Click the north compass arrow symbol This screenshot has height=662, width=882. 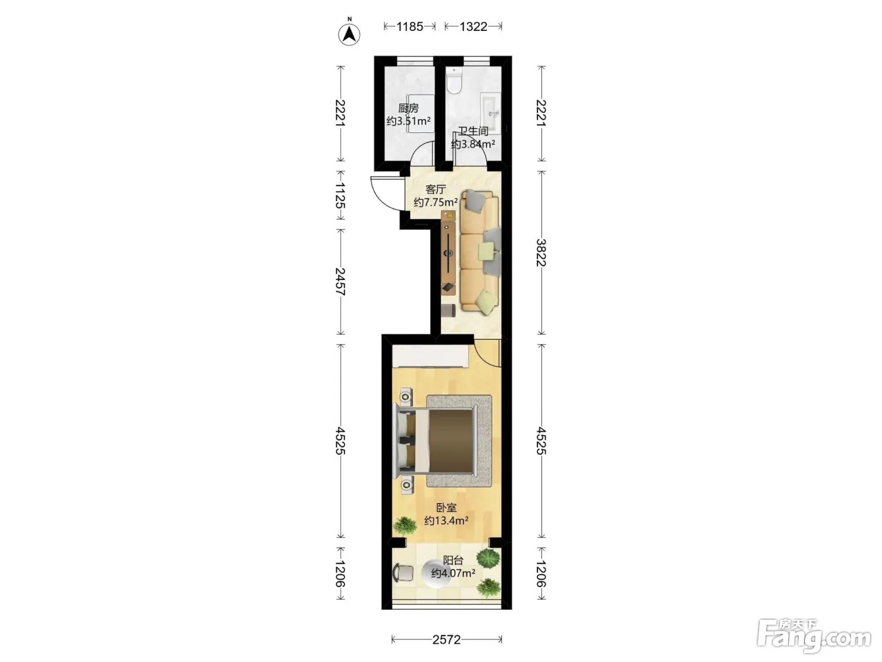[349, 34]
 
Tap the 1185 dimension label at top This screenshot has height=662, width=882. [409, 26]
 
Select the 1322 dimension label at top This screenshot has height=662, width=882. [473, 26]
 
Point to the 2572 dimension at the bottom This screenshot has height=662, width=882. [447, 639]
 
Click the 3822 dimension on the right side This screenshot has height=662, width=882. [541, 252]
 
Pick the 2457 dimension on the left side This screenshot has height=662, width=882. [340, 281]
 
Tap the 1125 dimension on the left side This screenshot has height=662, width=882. [340, 195]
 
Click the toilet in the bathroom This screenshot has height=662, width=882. [454, 80]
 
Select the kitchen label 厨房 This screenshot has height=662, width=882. [408, 108]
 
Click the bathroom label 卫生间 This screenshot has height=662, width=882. [473, 131]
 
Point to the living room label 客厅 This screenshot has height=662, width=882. [435, 189]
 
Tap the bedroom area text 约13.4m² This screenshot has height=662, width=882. [446, 521]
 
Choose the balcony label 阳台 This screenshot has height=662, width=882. [453, 560]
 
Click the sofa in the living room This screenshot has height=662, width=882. [480, 251]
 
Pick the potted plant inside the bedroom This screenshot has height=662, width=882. [404, 525]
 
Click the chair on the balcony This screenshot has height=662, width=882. [403, 572]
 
